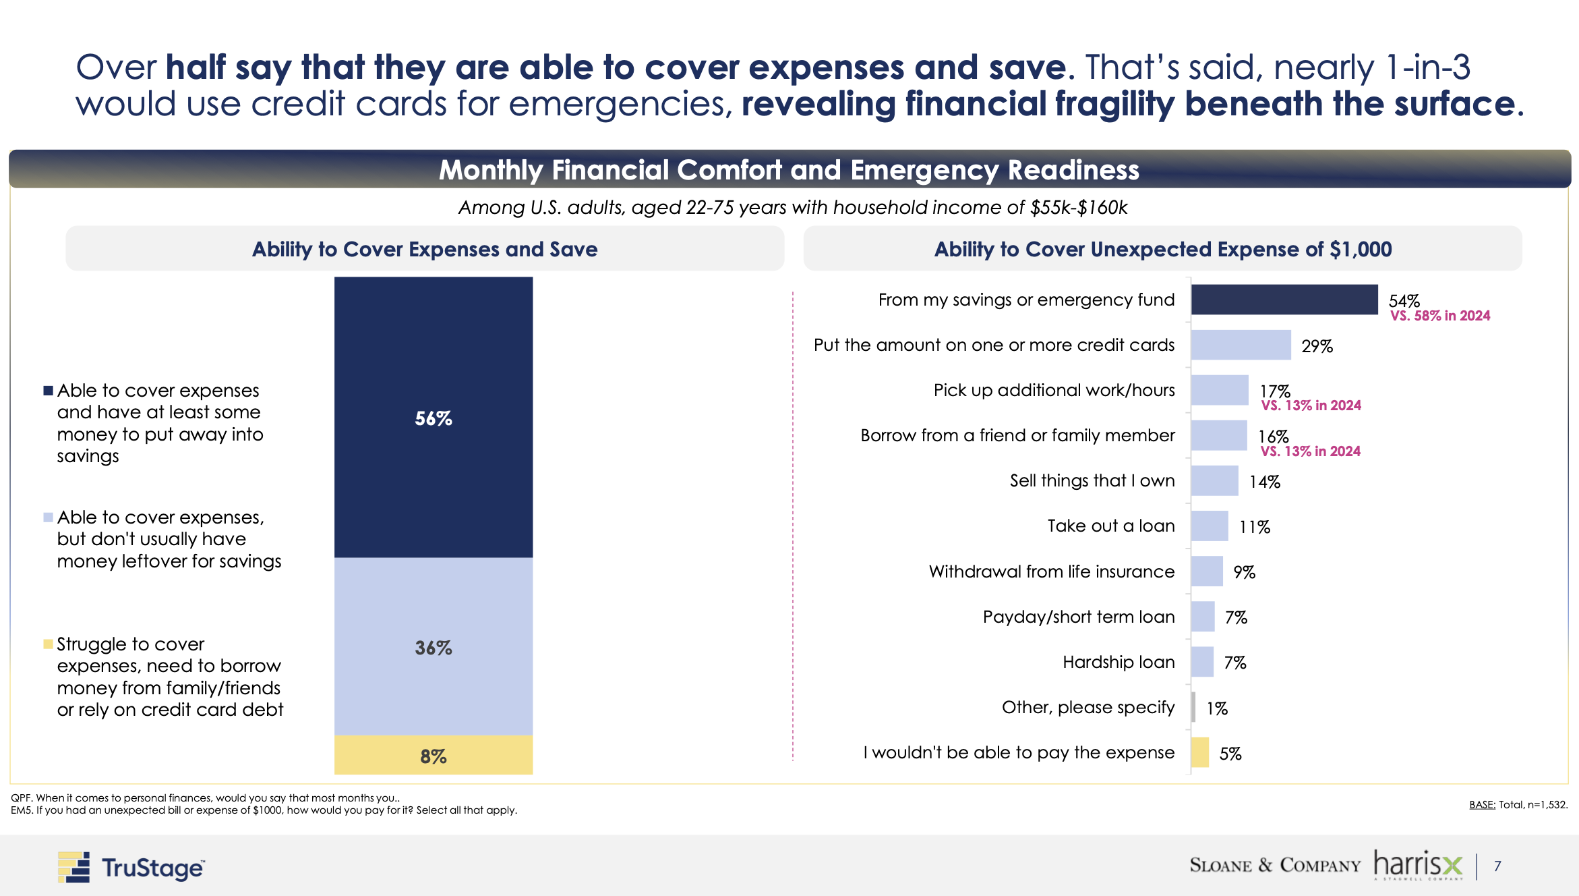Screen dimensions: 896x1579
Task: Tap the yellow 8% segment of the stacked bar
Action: coord(433,755)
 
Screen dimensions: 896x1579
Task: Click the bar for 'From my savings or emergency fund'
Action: coord(1284,300)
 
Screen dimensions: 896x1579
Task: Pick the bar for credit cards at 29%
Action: coord(1241,345)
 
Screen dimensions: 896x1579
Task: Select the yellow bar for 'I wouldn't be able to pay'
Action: coord(1200,752)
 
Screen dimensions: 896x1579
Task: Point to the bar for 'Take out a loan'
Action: coord(1210,526)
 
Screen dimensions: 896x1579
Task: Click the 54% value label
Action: coord(1404,300)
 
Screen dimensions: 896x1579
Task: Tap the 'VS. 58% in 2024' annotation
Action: coord(1440,316)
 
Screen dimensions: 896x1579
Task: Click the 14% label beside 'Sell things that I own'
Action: coord(1264,482)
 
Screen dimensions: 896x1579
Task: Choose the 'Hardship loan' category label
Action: coord(1119,662)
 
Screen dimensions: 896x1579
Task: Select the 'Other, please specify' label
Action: coord(1088,707)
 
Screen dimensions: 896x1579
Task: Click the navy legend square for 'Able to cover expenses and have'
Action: coord(48,391)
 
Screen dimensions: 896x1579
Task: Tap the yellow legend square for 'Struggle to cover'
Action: coord(48,644)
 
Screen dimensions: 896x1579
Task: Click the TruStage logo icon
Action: coord(73,867)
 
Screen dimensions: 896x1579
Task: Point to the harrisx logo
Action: coord(1418,865)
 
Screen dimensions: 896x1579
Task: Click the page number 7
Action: coord(1497,866)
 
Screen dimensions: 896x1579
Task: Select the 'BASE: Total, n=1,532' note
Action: coord(1518,804)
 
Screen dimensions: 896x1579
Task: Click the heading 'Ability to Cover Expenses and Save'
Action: coord(425,249)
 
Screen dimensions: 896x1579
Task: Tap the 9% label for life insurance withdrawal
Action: coord(1244,572)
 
